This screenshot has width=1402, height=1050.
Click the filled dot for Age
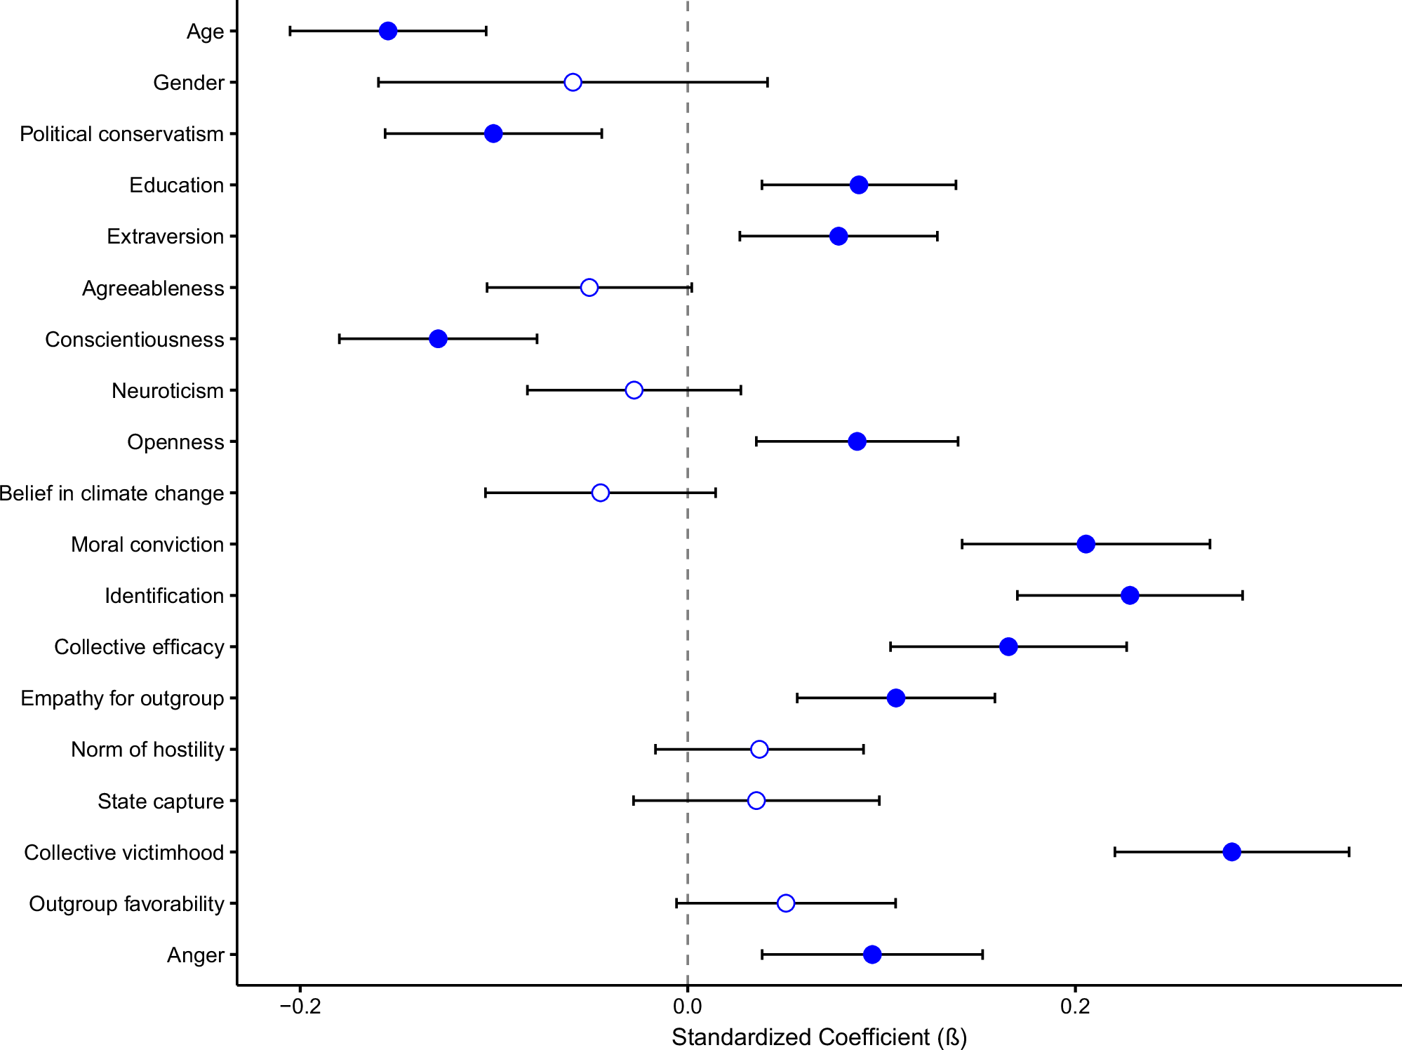[388, 31]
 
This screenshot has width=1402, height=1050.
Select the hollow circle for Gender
[573, 82]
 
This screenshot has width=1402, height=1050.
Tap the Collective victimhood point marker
[1231, 852]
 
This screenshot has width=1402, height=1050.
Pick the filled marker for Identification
[1130, 595]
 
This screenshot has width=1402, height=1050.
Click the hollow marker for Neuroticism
[634, 390]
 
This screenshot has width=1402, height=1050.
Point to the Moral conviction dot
[1086, 544]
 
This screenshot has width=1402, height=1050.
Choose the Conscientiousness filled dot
[438, 339]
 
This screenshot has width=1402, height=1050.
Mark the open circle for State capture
[756, 801]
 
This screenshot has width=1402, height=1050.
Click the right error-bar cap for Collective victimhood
[1349, 852]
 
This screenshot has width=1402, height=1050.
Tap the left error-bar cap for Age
[290, 31]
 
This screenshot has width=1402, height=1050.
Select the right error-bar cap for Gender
[768, 82]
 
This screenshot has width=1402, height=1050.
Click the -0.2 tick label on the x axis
[300, 1006]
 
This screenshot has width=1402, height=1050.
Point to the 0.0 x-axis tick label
[687, 1006]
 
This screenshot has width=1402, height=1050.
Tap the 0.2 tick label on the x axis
[1075, 1006]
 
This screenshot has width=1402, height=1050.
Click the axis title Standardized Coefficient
[819, 1037]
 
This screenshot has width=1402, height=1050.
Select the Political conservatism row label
[121, 134]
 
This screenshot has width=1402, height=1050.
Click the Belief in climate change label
[112, 493]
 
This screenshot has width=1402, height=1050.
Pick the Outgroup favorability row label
[126, 904]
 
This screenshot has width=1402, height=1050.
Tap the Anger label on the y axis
[195, 955]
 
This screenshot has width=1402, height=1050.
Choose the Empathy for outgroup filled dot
[895, 698]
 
